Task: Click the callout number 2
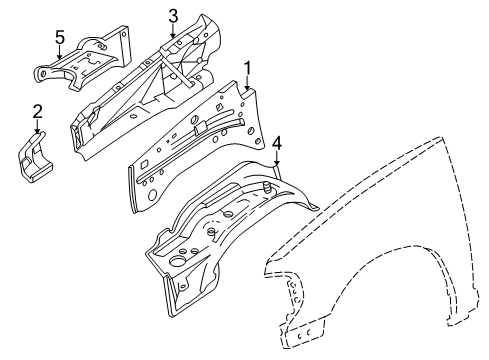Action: tap(36, 111)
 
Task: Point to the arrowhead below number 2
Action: tap(37, 131)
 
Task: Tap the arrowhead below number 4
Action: tap(277, 161)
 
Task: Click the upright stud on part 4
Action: tap(271, 184)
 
